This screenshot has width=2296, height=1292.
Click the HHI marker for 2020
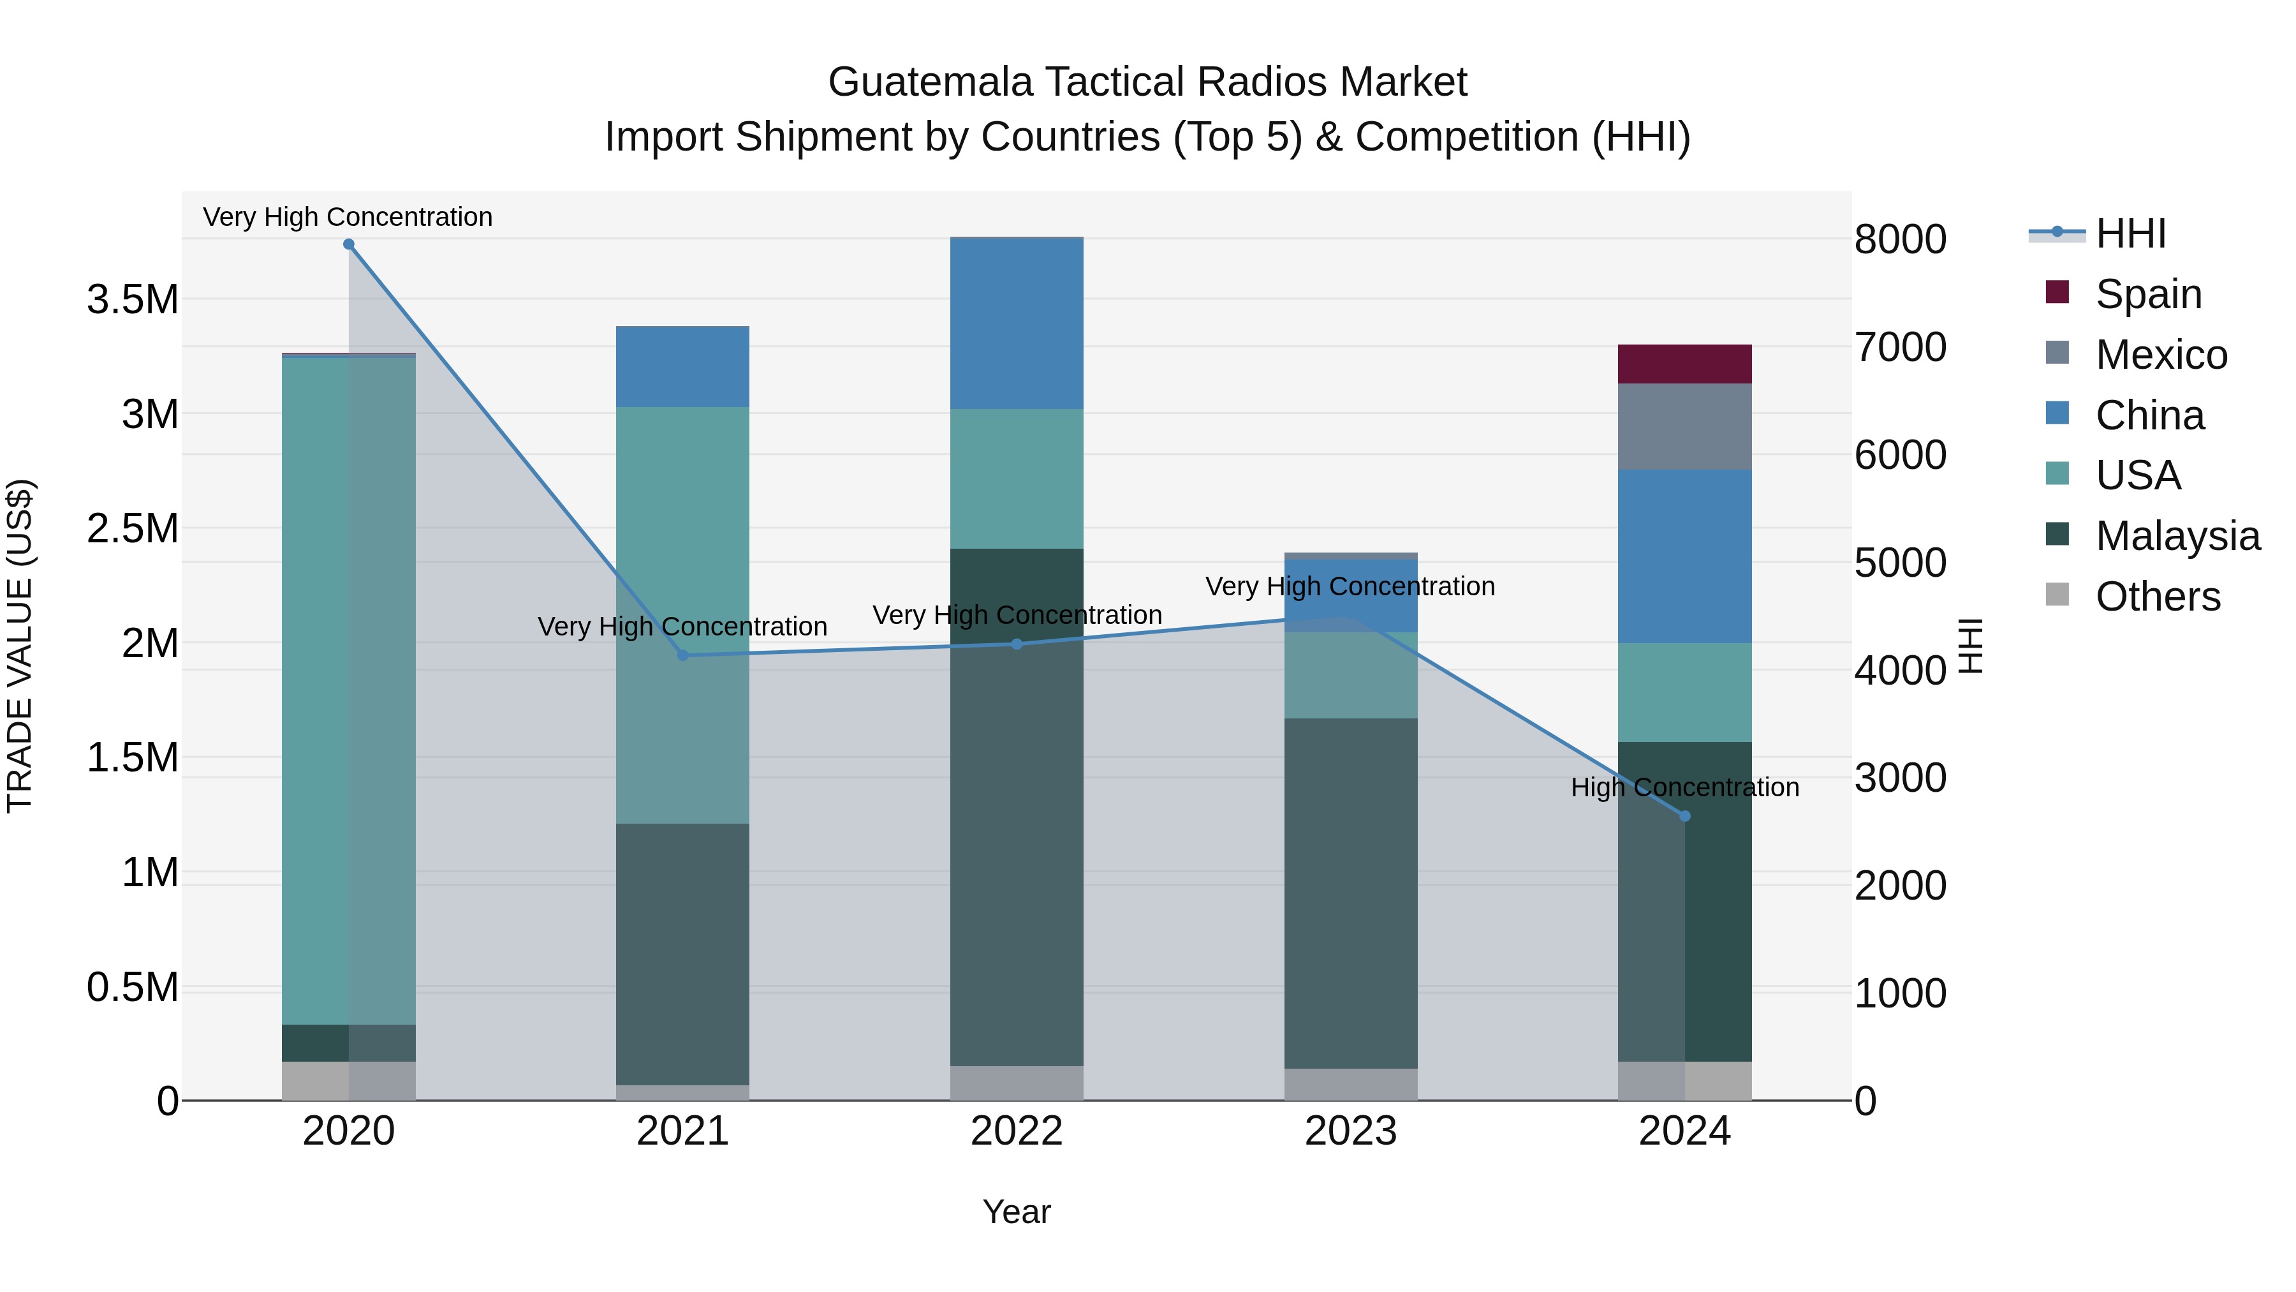pyautogui.click(x=348, y=244)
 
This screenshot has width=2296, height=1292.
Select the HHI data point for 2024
pyautogui.click(x=1684, y=816)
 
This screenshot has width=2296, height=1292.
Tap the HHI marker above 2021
pyautogui.click(x=682, y=655)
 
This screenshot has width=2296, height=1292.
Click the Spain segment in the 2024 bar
pyautogui.click(x=1684, y=364)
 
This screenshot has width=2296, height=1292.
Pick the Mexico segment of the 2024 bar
pyautogui.click(x=1684, y=426)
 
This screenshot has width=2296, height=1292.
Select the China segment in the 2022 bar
pyautogui.click(x=1016, y=323)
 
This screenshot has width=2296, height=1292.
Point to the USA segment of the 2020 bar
pyautogui.click(x=348, y=690)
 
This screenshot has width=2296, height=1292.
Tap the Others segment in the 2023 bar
pyautogui.click(x=1350, y=1083)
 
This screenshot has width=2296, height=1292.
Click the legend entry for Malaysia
pyautogui.click(x=2177, y=536)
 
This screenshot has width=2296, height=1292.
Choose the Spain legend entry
pyautogui.click(x=2148, y=294)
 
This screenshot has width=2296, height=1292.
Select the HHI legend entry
pyautogui.click(x=2130, y=234)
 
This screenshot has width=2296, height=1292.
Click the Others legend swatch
pyautogui.click(x=2057, y=595)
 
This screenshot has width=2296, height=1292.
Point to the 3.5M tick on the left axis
pyautogui.click(x=133, y=300)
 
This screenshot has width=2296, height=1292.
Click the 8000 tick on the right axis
pyautogui.click(x=1901, y=239)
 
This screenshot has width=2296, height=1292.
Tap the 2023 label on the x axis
pyautogui.click(x=1350, y=1131)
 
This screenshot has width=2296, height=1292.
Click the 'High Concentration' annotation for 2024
pyautogui.click(x=1684, y=787)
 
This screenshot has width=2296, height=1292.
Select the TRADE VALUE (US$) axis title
pyautogui.click(x=20, y=646)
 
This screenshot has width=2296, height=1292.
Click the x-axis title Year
pyautogui.click(x=1016, y=1212)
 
